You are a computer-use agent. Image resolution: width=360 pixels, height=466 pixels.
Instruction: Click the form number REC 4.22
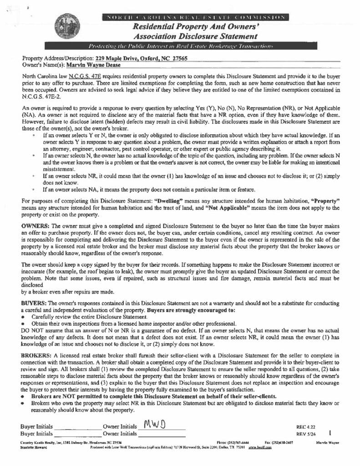pyautogui.click(x=305, y=427)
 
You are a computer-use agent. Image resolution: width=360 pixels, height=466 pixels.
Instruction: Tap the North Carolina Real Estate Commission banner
pyautogui.click(x=195, y=17)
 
